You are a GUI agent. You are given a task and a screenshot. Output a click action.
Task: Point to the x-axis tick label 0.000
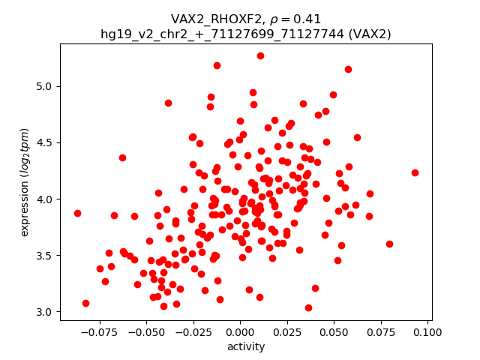coord(240,332)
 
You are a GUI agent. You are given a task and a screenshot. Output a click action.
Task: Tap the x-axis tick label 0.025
coord(287,332)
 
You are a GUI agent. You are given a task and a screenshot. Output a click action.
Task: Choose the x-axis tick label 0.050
coord(334,332)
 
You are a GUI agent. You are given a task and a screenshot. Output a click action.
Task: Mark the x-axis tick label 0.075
coord(381,332)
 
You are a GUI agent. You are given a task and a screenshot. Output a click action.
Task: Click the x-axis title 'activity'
coord(246,346)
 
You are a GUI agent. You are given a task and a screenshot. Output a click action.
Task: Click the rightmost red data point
coord(415,172)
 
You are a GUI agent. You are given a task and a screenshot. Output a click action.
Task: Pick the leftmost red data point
coord(77,213)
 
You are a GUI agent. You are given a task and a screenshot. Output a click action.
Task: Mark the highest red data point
coord(260,55)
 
